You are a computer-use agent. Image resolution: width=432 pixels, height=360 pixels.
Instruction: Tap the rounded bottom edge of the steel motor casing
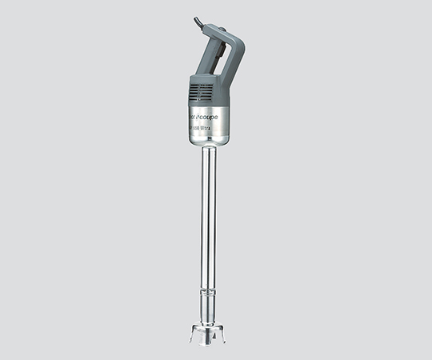[x=209, y=142]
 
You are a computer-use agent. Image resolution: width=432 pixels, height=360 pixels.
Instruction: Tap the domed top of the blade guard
[x=209, y=324]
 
